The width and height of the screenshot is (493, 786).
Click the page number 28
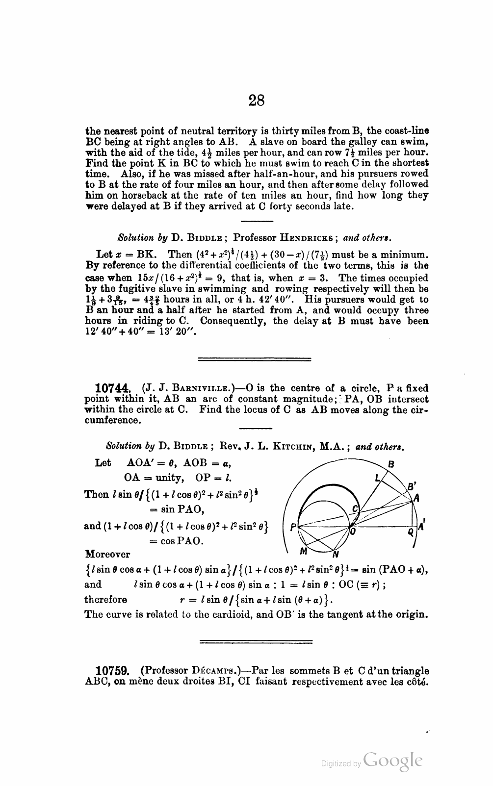[x=257, y=100]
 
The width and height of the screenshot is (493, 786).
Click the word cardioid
[x=226, y=614]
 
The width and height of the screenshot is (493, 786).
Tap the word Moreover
[x=108, y=554]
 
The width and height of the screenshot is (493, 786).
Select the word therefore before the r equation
[x=106, y=600]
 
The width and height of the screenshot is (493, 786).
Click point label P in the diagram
[x=293, y=528]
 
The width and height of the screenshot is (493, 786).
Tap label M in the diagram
[x=304, y=551]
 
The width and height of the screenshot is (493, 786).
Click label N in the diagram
[x=336, y=555]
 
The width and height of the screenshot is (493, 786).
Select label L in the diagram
[x=377, y=477]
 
